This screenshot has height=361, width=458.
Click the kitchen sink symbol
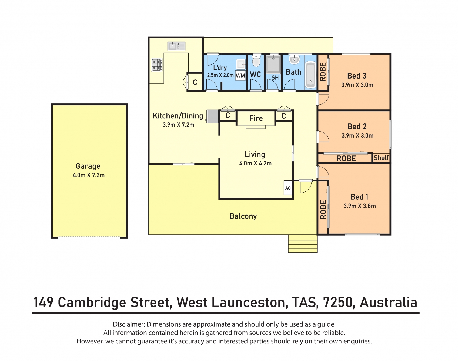coord(176,46)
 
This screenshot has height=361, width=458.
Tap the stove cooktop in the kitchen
coord(157,65)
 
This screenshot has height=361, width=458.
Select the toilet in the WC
coord(256,61)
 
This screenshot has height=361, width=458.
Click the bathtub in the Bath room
coord(310,75)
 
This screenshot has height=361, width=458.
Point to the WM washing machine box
coord(240,76)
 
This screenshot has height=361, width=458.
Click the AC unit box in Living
coord(288,188)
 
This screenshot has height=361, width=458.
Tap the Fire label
coord(256,118)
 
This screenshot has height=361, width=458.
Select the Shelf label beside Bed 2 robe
coord(381,158)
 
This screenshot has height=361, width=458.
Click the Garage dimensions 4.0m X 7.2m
coord(89,175)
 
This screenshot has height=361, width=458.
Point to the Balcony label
coord(243,216)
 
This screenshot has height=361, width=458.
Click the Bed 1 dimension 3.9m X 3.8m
coord(360,206)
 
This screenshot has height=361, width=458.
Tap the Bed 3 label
coord(357,76)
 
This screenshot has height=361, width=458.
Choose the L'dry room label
coord(220,68)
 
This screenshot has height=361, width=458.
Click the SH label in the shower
coord(275,78)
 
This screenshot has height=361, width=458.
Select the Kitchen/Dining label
coord(178,116)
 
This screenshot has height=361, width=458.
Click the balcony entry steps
coord(303,244)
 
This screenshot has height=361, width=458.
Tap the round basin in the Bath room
coord(294,60)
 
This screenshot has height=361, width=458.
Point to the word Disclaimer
coord(128,324)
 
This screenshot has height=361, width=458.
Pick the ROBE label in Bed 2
coord(346,158)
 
